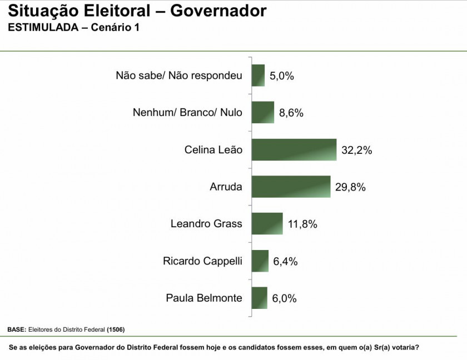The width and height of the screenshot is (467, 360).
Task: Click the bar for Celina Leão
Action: pos(294,150)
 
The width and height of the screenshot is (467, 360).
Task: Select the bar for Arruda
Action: pos(291,187)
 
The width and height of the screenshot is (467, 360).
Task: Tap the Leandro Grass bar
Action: pos(267,224)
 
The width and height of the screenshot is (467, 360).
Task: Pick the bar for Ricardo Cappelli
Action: pos(260,261)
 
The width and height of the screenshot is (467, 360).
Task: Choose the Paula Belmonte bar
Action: pos(260,298)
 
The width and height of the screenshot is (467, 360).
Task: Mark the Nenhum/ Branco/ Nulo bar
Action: pos(263,112)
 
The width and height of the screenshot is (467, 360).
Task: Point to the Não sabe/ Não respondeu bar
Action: pos(258,76)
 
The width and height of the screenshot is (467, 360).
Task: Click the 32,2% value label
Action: pos(356,150)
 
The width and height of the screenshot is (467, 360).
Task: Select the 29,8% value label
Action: pos(350,187)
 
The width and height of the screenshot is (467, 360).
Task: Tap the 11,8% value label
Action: pos(302,224)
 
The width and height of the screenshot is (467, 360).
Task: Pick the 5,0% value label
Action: pos(281,76)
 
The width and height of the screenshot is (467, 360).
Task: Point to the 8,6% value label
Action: pos(291,113)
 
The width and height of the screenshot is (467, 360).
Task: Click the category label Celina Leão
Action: pos(213,150)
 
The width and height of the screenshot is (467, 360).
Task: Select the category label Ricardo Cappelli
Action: pos(202,261)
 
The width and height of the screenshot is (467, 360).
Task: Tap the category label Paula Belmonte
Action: pos(204,298)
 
